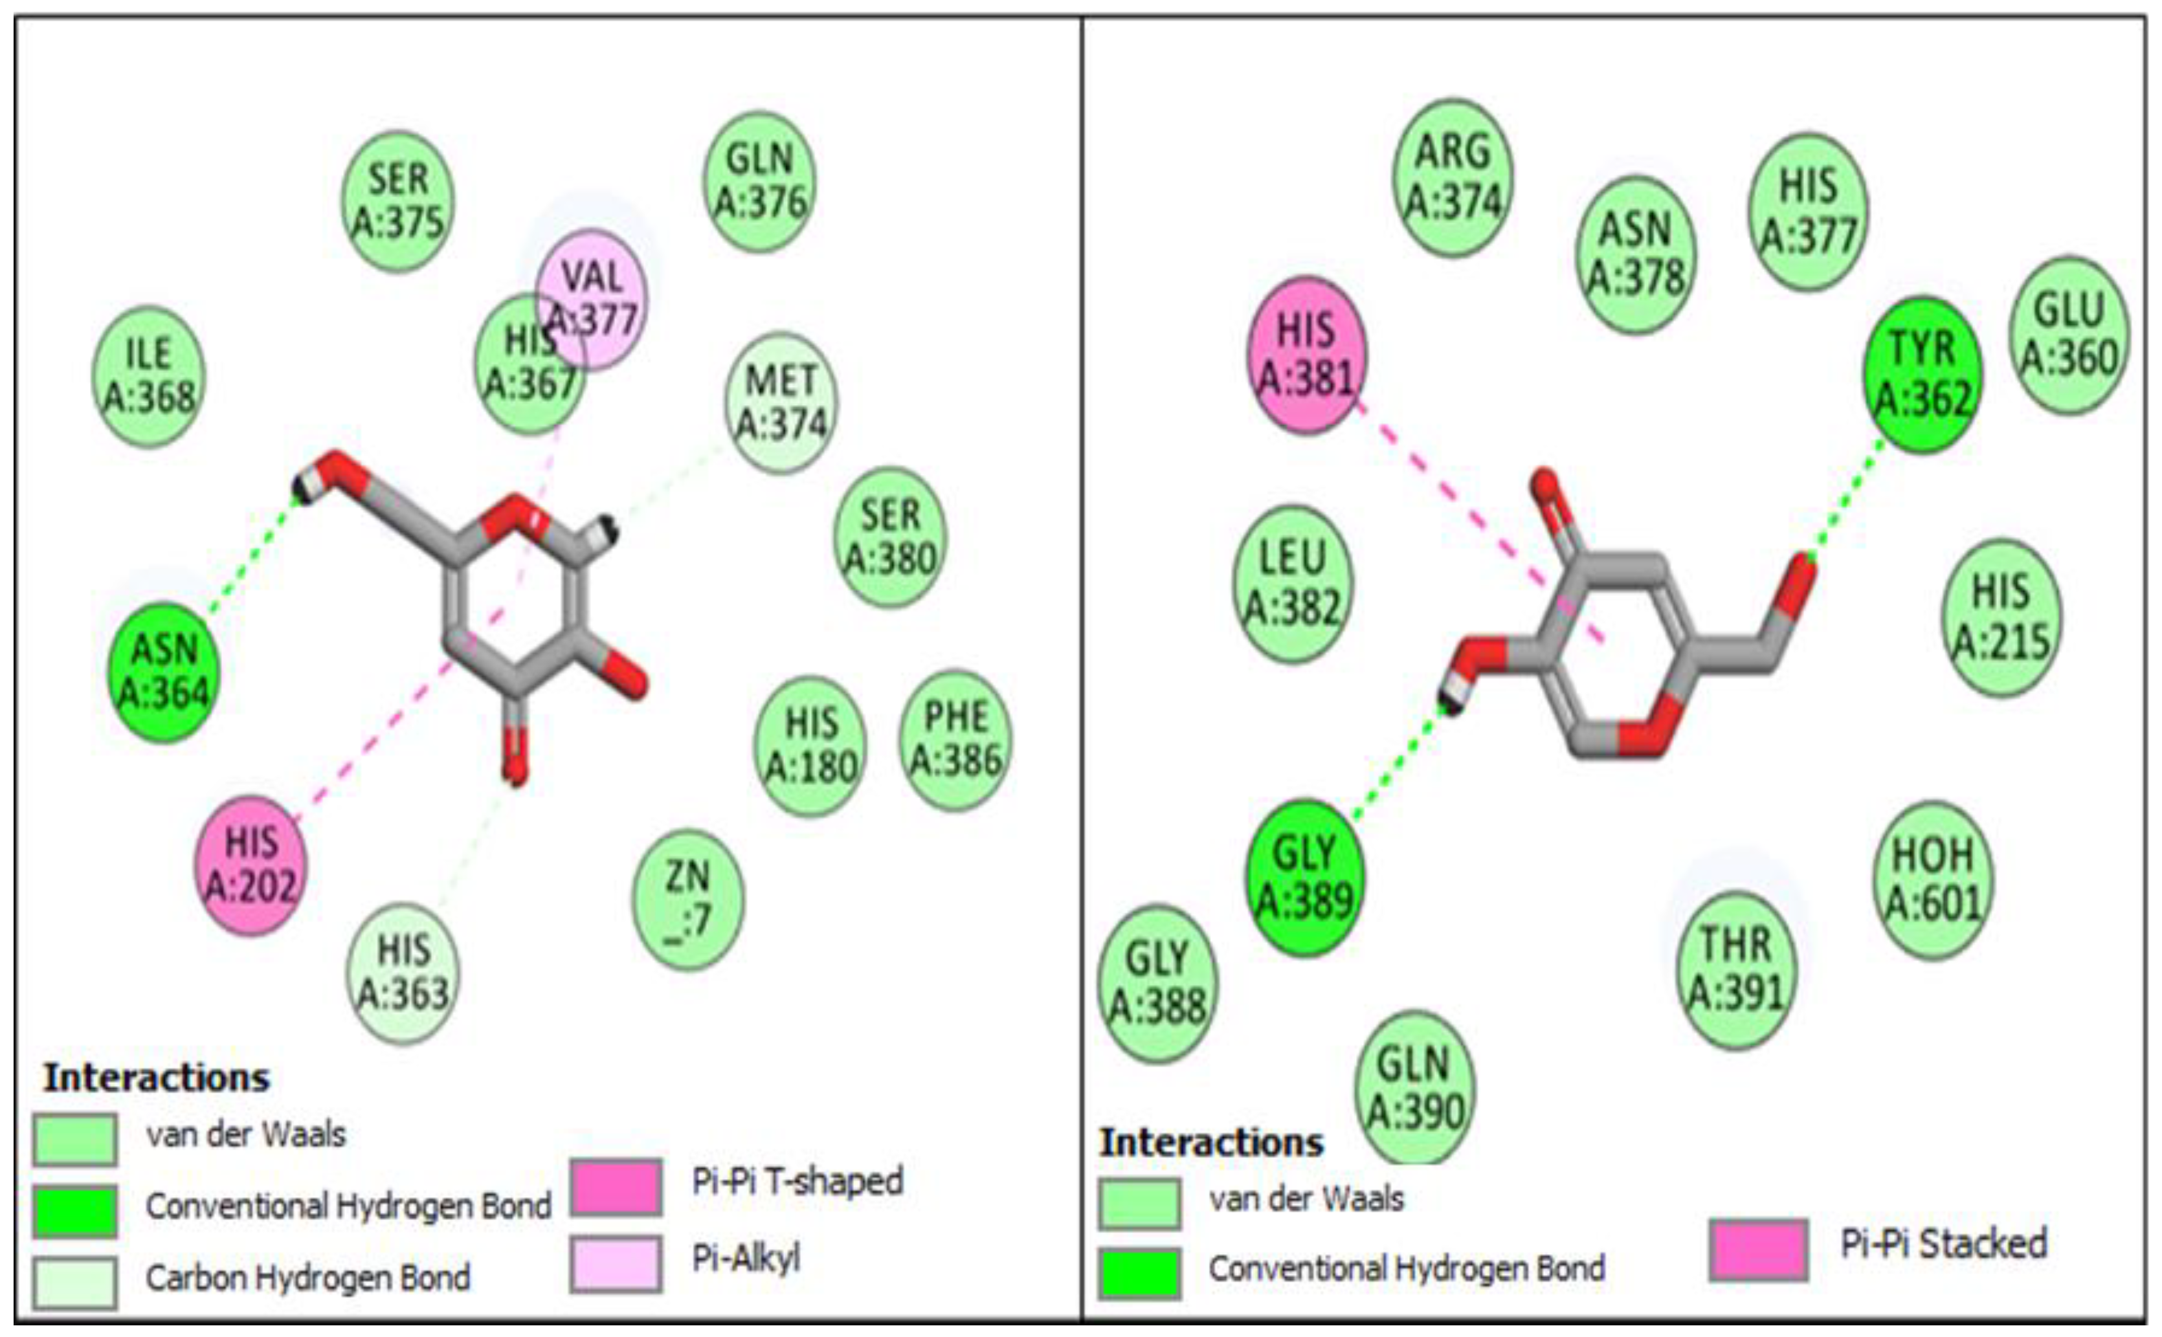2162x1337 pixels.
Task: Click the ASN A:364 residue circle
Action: (x=164, y=672)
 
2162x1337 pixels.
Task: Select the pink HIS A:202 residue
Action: (x=251, y=864)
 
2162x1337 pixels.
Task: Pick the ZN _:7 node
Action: (x=688, y=900)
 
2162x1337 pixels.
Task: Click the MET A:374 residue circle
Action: (x=781, y=403)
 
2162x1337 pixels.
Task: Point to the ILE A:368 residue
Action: (x=148, y=376)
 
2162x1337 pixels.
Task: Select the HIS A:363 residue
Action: (x=403, y=972)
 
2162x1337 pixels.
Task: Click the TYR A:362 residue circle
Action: (x=1922, y=374)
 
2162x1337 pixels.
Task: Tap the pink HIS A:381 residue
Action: (x=1306, y=355)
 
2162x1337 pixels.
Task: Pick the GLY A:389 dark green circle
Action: (x=1304, y=877)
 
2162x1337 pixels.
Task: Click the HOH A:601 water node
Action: (x=1933, y=879)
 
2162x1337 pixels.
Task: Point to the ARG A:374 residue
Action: (x=1453, y=177)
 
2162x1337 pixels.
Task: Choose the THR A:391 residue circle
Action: (x=1737, y=968)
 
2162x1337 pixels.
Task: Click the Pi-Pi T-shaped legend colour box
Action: (x=616, y=1186)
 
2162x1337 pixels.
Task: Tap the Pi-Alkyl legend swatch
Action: (x=616, y=1262)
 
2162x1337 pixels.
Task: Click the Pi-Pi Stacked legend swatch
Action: (x=1758, y=1248)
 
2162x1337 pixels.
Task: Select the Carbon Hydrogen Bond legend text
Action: (x=307, y=1277)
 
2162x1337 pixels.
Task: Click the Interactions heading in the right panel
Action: (x=1210, y=1142)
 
